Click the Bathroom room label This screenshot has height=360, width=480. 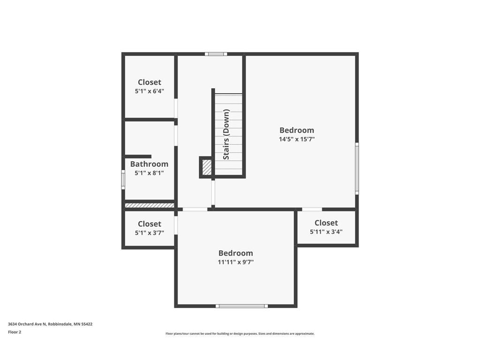pyautogui.click(x=149, y=164)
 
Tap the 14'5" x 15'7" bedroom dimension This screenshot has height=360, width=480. pyautogui.click(x=297, y=139)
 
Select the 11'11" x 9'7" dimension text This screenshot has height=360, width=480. pyautogui.click(x=235, y=262)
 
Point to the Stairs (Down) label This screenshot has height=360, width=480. pyautogui.click(x=226, y=135)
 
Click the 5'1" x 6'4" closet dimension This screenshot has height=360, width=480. pyautogui.click(x=149, y=91)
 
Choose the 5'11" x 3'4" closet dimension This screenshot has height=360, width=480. pyautogui.click(x=326, y=232)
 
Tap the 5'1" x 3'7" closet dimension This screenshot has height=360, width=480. pyautogui.click(x=149, y=232)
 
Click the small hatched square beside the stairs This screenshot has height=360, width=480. pyautogui.click(x=206, y=167)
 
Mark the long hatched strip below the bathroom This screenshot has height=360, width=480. pyautogui.click(x=150, y=205)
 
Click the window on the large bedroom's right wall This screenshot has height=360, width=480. pyautogui.click(x=357, y=168)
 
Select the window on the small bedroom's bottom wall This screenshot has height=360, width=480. pyautogui.click(x=242, y=306)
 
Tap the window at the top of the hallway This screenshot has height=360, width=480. pyautogui.click(x=216, y=54)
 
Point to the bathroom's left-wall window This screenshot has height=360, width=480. pyautogui.click(x=123, y=179)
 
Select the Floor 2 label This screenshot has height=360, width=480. pyautogui.click(x=15, y=332)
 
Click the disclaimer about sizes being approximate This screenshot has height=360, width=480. pyautogui.click(x=240, y=334)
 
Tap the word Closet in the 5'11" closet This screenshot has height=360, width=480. pyautogui.click(x=326, y=223)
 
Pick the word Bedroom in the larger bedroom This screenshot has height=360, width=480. pyautogui.click(x=297, y=130)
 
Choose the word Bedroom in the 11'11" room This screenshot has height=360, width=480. pyautogui.click(x=235, y=253)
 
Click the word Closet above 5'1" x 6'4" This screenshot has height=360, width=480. pyautogui.click(x=149, y=82)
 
